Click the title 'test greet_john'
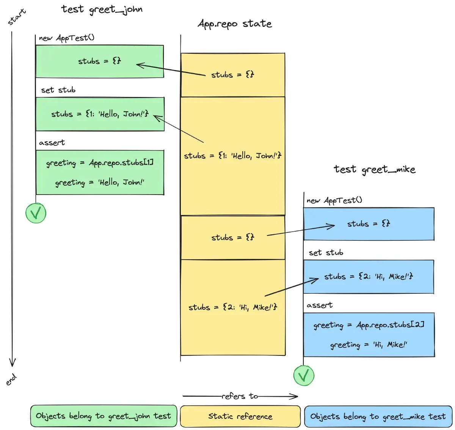[x=102, y=9]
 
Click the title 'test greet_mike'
[x=374, y=169]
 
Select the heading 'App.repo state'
[x=235, y=24]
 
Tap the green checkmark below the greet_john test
[x=36, y=213]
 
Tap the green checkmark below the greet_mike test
[x=304, y=375]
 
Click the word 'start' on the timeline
[x=17, y=17]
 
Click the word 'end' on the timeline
[x=11, y=379]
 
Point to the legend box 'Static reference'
[x=240, y=416]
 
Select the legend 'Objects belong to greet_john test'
[x=104, y=416]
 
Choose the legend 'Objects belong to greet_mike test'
[x=378, y=417]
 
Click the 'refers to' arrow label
[x=240, y=396]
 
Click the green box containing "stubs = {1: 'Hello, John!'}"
[x=100, y=114]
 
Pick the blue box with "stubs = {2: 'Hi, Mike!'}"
[x=369, y=277]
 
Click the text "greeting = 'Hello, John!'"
[x=100, y=182]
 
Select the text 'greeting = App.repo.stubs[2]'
[x=369, y=325]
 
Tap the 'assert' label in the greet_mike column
[x=319, y=305]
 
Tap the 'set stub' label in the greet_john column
[x=58, y=90]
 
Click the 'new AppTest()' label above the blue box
[x=334, y=200]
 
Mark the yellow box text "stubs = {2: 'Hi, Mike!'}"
[x=233, y=307]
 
